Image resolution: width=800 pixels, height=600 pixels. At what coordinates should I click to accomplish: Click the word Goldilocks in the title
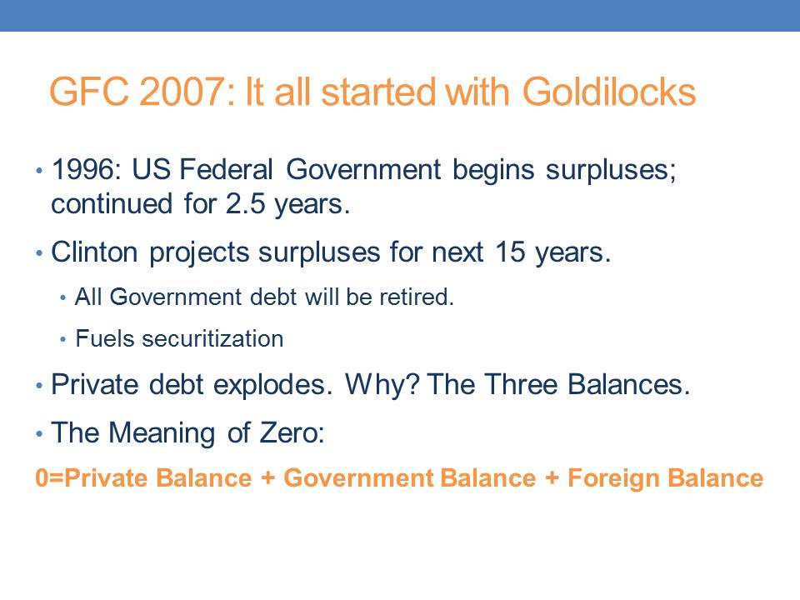[x=609, y=92]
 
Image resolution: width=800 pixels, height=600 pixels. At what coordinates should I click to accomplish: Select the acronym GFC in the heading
[x=89, y=92]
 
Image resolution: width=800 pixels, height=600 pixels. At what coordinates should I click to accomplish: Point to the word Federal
[x=227, y=169]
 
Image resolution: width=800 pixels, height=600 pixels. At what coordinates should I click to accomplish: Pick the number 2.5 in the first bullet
[x=245, y=203]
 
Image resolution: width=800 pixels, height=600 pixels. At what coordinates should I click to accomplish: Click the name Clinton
[x=94, y=252]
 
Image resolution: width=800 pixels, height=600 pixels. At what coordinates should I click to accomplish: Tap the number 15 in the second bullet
[x=510, y=252]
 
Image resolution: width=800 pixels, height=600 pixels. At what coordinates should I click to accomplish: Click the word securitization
[x=212, y=339]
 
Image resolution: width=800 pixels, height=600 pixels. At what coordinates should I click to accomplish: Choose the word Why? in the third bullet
[x=382, y=384]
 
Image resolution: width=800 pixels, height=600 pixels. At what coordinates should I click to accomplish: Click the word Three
[x=520, y=384]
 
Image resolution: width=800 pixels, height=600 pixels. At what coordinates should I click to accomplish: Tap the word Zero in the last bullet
[x=292, y=432]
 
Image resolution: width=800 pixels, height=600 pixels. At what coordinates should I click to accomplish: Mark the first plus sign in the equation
[x=267, y=478]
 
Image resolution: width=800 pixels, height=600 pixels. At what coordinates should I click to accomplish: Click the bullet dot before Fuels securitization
[x=62, y=339]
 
